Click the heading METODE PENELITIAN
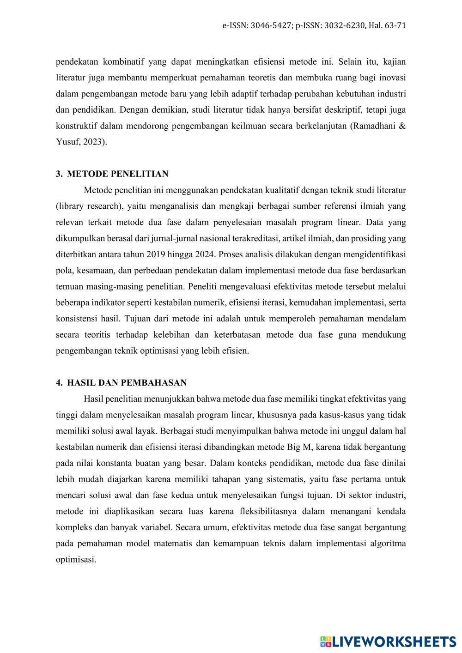click(117, 174)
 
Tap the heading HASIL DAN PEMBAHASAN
click(127, 383)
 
